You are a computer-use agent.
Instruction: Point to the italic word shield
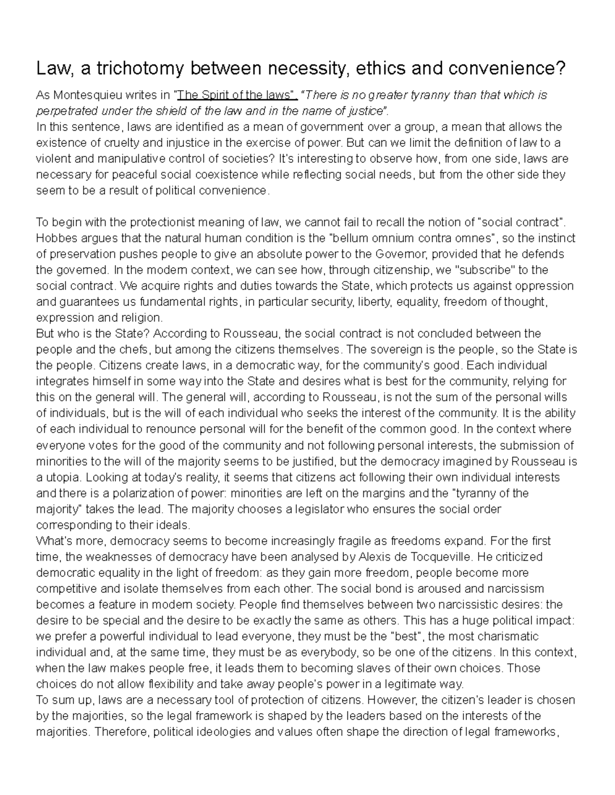(x=181, y=111)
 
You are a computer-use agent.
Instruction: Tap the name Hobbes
(x=55, y=238)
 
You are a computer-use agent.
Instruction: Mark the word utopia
(x=62, y=477)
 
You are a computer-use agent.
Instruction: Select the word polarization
(x=131, y=493)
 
